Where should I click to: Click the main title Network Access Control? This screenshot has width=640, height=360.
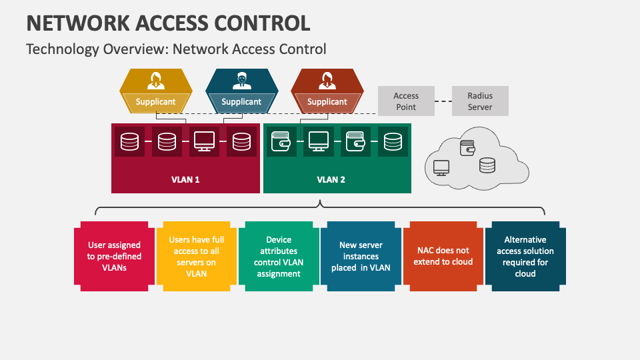pos(168,23)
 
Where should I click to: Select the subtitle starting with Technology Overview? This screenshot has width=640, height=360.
pos(176,49)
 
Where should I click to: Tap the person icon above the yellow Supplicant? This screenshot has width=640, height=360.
pos(156,81)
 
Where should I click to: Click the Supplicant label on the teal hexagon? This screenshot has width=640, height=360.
pos(241,102)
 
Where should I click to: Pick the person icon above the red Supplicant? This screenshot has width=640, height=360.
pos(327,81)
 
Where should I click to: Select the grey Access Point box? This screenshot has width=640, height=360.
pos(406,101)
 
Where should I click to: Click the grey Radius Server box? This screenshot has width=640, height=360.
pos(480,101)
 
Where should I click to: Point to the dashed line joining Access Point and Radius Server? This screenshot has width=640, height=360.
pos(443,101)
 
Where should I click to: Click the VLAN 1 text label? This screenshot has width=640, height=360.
pos(185,179)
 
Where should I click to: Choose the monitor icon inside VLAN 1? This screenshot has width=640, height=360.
pos(204,141)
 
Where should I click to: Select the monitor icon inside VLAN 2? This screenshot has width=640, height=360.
pos(318,141)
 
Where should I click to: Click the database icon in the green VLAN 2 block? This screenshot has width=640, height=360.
pos(393,141)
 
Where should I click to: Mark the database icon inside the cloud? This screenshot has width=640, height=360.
pos(487,165)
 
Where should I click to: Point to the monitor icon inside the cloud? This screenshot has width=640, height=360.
pos(441,167)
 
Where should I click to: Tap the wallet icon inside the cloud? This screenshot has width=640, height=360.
pos(467,147)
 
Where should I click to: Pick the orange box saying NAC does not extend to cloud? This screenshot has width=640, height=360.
pos(443,256)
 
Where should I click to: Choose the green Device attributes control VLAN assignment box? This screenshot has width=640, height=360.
pos(279,256)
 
